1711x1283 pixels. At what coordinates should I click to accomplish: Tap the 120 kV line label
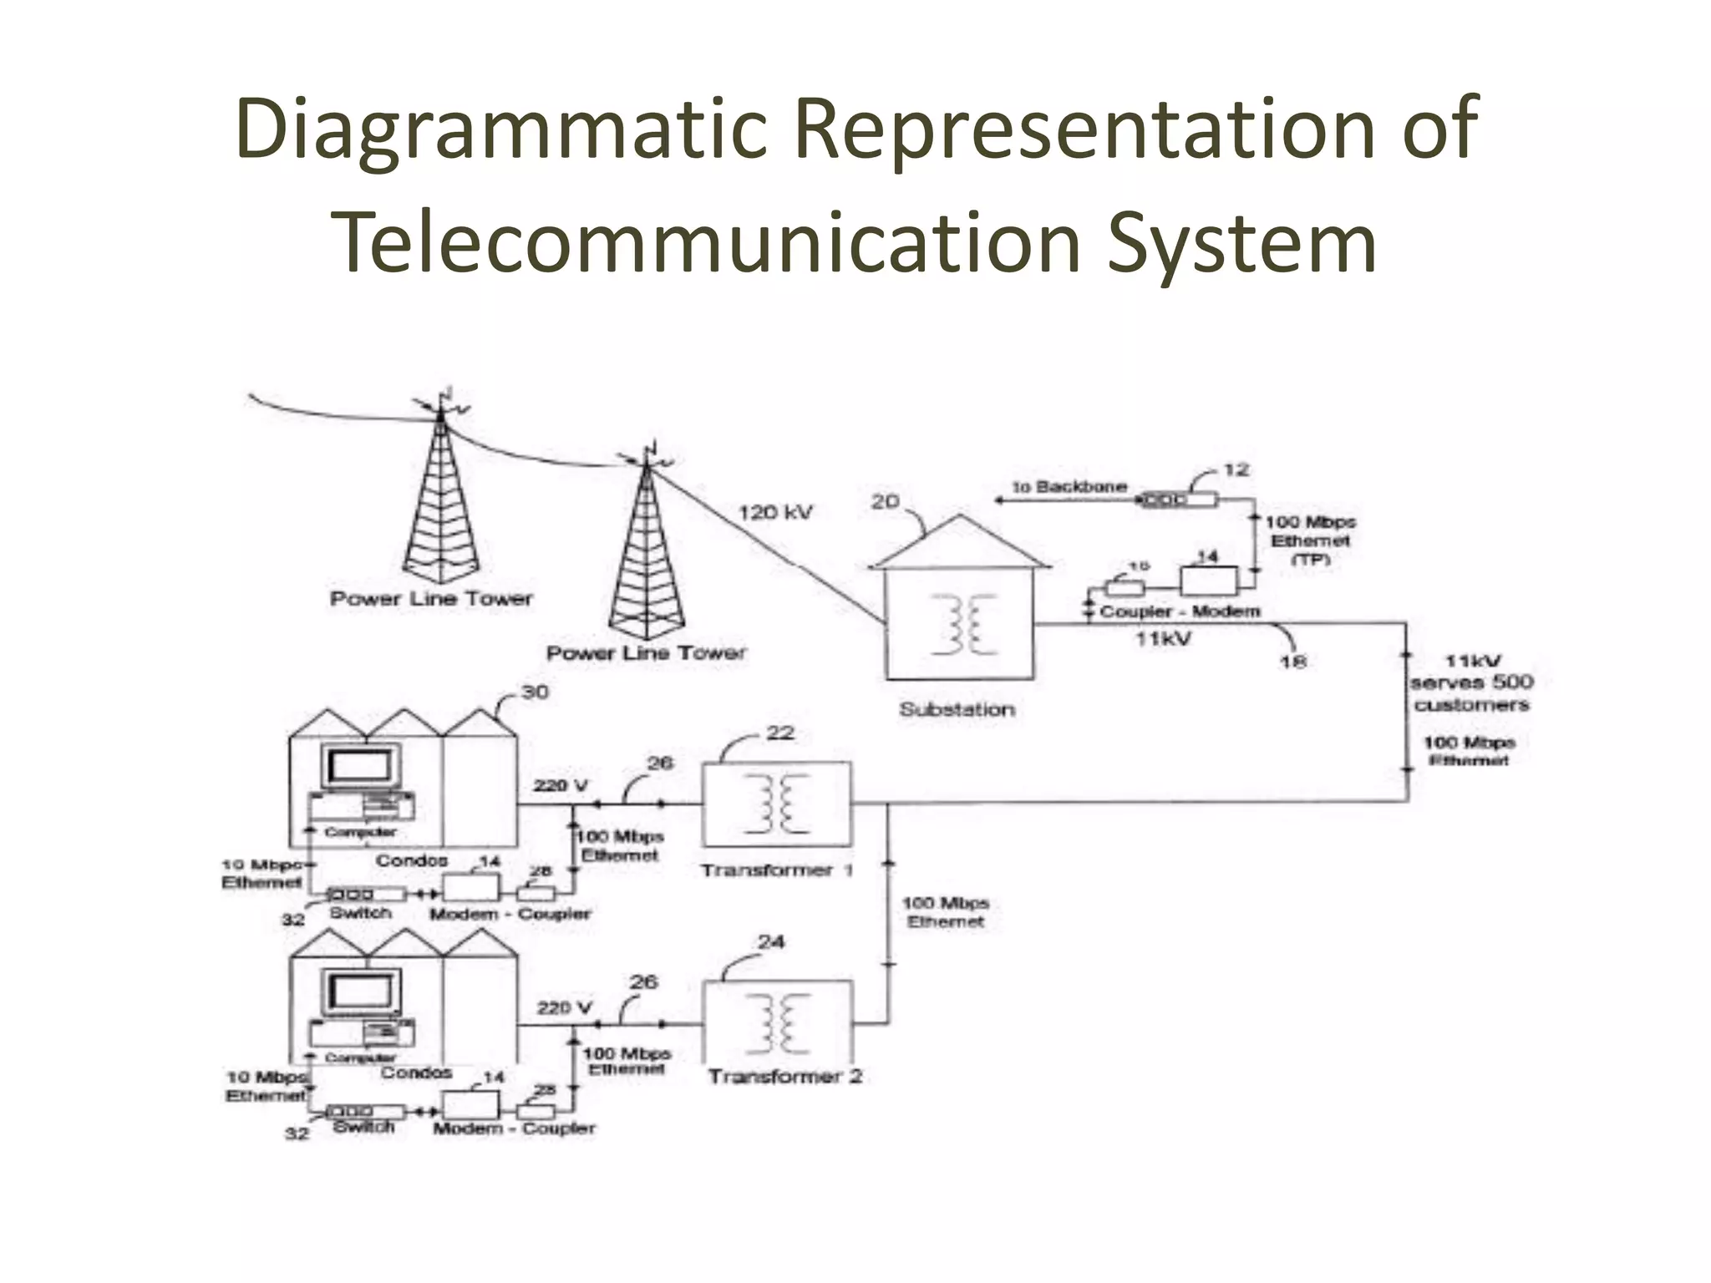[x=775, y=512]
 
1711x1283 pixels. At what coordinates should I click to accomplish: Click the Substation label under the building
[x=957, y=709]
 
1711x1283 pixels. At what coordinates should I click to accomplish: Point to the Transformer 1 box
[x=777, y=804]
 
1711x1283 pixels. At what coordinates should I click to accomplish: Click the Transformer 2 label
[x=784, y=1076]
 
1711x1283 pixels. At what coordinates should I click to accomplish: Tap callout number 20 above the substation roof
[x=886, y=501]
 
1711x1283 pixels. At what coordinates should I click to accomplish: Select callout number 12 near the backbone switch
[x=1236, y=469]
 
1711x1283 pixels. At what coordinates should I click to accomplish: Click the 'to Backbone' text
[x=1069, y=486]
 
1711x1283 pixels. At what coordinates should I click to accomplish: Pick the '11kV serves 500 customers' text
[x=1472, y=682]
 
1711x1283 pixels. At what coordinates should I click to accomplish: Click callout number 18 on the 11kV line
[x=1292, y=662]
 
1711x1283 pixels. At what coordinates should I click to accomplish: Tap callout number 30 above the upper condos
[x=535, y=692]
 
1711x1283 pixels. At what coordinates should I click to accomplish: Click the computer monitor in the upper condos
[x=360, y=764]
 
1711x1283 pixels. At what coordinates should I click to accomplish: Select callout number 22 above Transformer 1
[x=779, y=733]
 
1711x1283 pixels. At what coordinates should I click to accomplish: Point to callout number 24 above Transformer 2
[x=771, y=941]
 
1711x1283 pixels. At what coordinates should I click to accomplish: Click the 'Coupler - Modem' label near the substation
[x=1180, y=611]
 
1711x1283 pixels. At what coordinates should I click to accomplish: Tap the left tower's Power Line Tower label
[x=431, y=598]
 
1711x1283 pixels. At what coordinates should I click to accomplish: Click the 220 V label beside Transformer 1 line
[x=561, y=785]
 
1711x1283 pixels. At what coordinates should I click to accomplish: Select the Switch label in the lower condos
[x=363, y=1127]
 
